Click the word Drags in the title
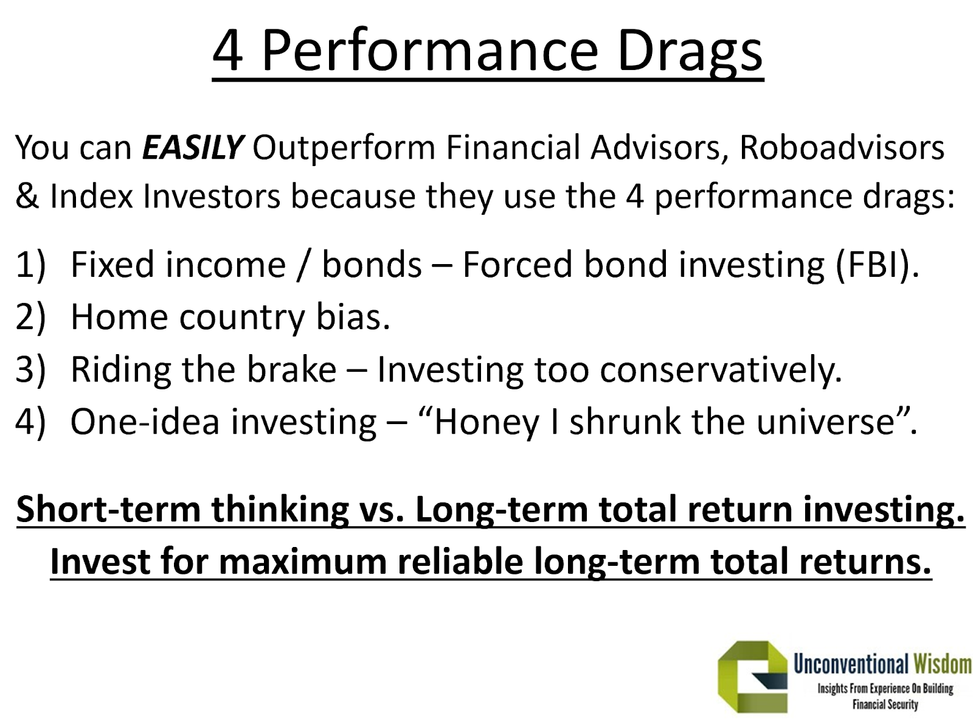690,51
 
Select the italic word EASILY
193,147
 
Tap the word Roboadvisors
842,147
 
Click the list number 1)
30,265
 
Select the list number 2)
30,317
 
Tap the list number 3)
30,369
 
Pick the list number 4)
30,422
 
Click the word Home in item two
119,317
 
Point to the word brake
291,369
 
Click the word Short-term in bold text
108,509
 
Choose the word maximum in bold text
302,562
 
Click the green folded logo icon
752,676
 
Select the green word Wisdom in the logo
943,664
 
